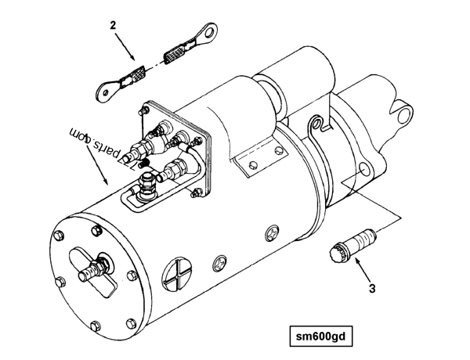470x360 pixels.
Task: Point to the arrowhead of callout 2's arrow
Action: point(136,60)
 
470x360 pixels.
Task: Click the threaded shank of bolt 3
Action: point(363,234)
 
